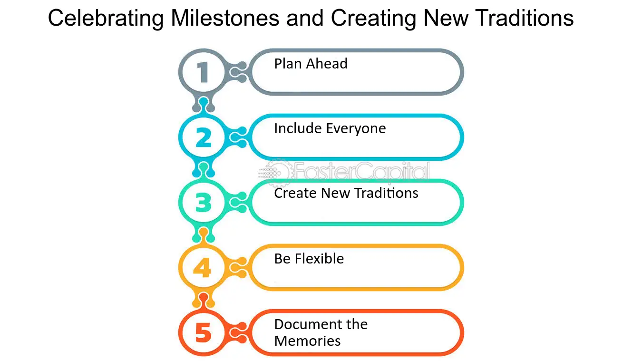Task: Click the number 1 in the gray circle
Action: (x=203, y=72)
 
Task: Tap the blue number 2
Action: (x=203, y=137)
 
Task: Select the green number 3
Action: (x=203, y=203)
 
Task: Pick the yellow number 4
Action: (x=203, y=268)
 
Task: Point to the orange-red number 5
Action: (x=203, y=333)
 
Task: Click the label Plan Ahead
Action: (x=311, y=64)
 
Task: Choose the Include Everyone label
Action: (x=330, y=128)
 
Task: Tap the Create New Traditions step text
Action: (x=346, y=193)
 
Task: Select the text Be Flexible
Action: (x=309, y=259)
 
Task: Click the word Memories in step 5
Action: (x=307, y=341)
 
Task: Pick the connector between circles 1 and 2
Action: (x=204, y=105)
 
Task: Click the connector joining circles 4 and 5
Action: (x=204, y=301)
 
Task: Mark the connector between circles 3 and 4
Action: (x=204, y=235)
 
